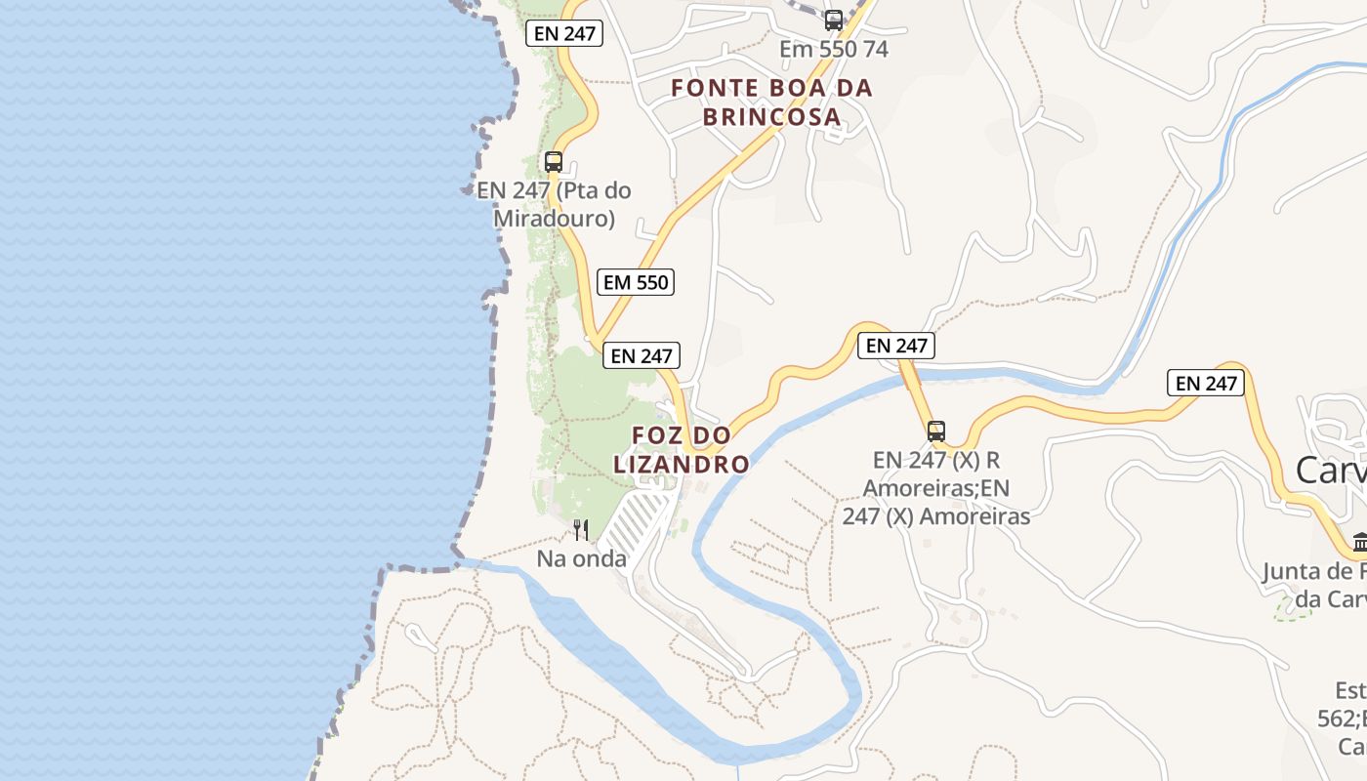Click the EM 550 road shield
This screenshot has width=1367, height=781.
pos(637,282)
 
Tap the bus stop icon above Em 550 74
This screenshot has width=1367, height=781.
pos(833,20)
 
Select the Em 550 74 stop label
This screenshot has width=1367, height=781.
pos(833,49)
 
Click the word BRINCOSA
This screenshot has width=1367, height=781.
pos(771,117)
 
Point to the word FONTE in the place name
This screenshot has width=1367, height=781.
pos(715,88)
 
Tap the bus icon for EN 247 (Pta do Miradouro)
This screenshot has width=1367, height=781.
pos(554,162)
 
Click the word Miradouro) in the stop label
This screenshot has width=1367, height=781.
pos(554,218)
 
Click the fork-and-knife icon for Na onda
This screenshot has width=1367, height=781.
pos(581,530)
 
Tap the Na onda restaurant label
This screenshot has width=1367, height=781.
pos(581,559)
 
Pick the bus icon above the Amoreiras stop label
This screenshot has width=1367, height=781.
pos(936,431)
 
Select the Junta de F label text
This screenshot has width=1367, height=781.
pos(1313,571)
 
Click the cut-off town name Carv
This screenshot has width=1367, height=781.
pos(1330,470)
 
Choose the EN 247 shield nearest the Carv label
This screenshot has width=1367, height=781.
pos(1206,383)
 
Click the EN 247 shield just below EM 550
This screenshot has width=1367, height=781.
pos(641,355)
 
